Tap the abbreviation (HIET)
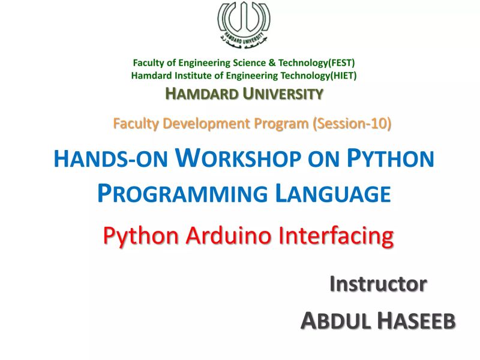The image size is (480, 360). [338, 76]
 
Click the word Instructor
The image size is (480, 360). [379, 284]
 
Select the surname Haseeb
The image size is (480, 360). [416, 321]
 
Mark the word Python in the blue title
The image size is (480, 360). [391, 159]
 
